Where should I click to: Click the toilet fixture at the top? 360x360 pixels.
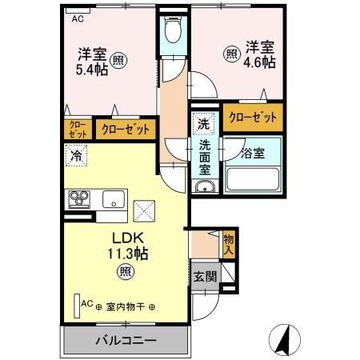coord(171,31)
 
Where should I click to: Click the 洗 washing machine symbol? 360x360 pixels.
coord(203,123)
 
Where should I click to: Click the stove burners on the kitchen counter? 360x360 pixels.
coord(80,198)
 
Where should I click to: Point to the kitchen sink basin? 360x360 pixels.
coord(113,198)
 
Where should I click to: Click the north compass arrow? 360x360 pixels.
coord(282,339)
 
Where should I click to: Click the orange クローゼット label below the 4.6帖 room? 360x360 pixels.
coord(252,118)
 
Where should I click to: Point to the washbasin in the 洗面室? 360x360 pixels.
coord(204,187)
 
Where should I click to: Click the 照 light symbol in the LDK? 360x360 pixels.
coord(126,272)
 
